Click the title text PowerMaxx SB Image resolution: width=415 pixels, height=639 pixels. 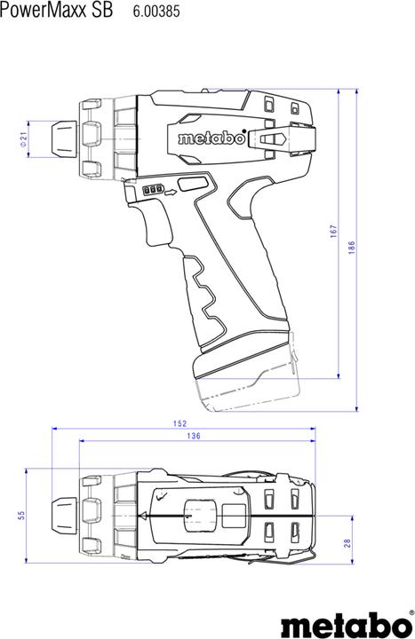point(56,12)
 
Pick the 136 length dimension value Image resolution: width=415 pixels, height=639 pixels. point(195,437)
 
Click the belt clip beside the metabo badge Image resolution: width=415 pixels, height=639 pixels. point(275,139)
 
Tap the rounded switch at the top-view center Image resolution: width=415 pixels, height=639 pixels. point(196,514)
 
